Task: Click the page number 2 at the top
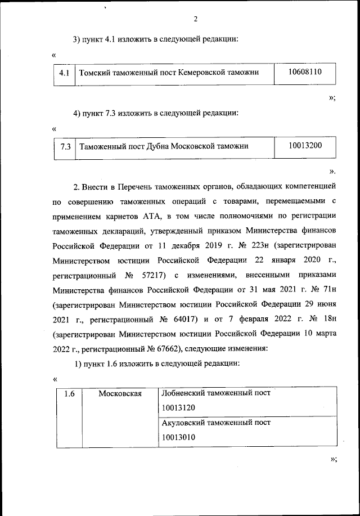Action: pos(195,19)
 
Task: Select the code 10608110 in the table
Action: pos(304,72)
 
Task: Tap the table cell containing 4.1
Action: pos(64,74)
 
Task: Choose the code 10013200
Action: pos(304,145)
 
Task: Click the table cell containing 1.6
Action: pos(69,393)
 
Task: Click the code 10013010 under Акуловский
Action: pos(178,436)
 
